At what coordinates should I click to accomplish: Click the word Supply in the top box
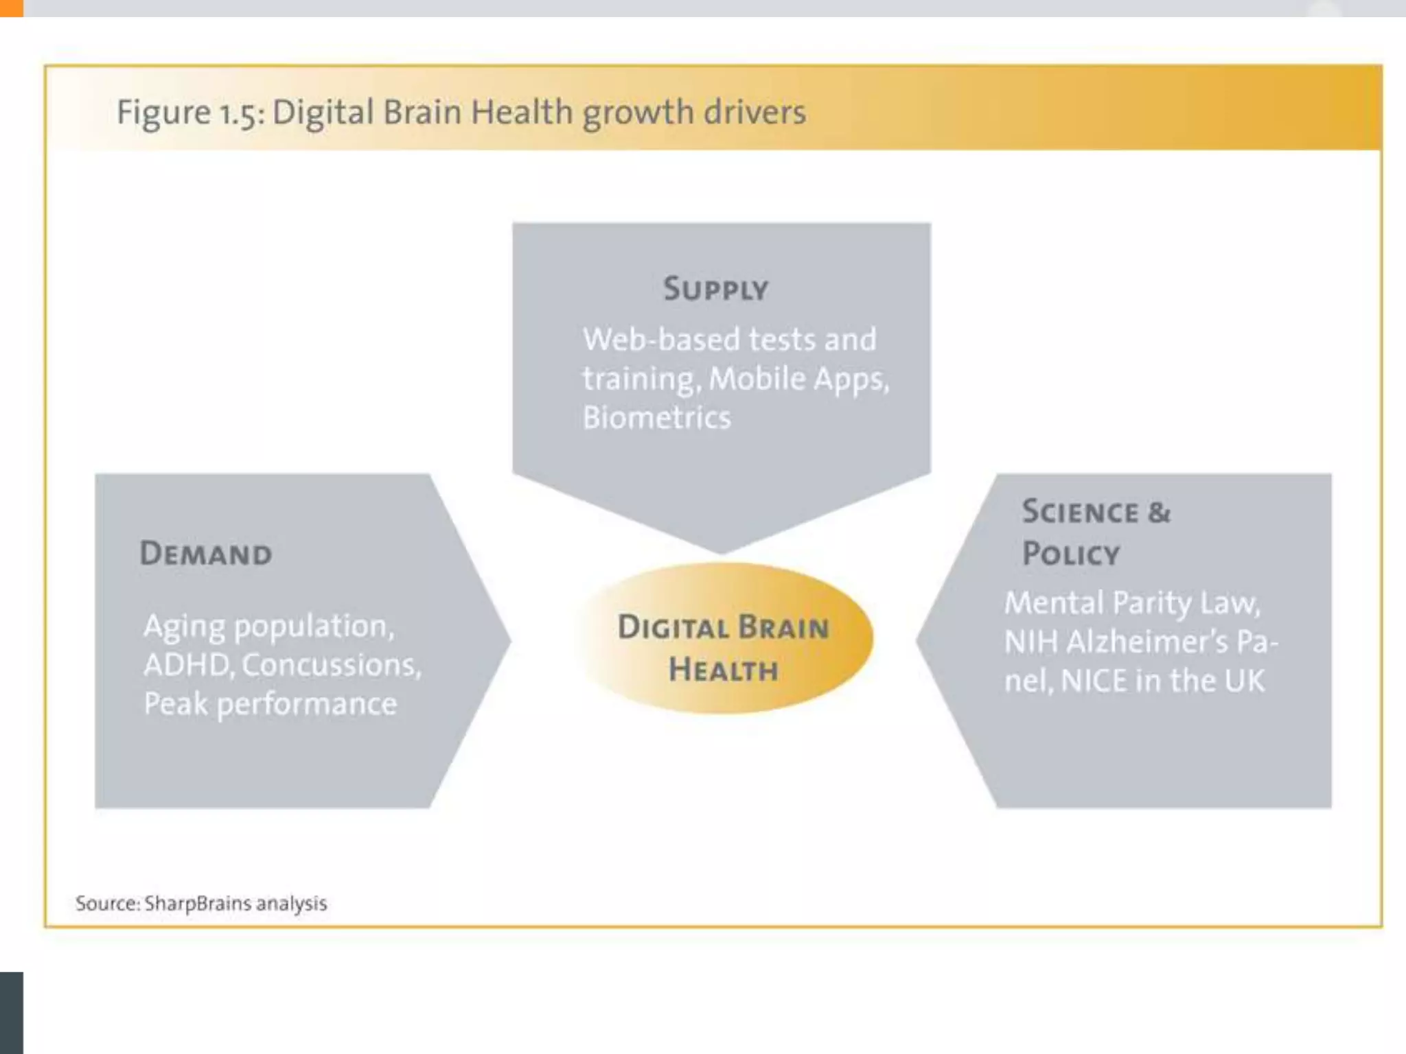pyautogui.click(x=715, y=289)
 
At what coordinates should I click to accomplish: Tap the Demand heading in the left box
pyautogui.click(x=206, y=553)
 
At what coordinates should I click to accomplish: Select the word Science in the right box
pyautogui.click(x=1080, y=512)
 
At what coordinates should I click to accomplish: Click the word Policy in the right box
pyautogui.click(x=1071, y=554)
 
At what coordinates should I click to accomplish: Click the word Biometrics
pyautogui.click(x=657, y=417)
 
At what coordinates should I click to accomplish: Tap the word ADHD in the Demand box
pyautogui.click(x=186, y=664)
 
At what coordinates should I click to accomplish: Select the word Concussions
pyautogui.click(x=332, y=664)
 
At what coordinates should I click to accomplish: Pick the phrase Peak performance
pyautogui.click(x=270, y=704)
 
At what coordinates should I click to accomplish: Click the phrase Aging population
pyautogui.click(x=269, y=626)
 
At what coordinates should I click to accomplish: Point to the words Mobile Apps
pyautogui.click(x=798, y=379)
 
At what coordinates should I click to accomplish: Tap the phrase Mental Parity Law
pyautogui.click(x=1132, y=603)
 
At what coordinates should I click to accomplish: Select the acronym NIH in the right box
pyautogui.click(x=1031, y=642)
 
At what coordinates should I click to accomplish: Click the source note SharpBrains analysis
pyautogui.click(x=235, y=903)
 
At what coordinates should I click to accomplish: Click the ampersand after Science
pyautogui.click(x=1159, y=512)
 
